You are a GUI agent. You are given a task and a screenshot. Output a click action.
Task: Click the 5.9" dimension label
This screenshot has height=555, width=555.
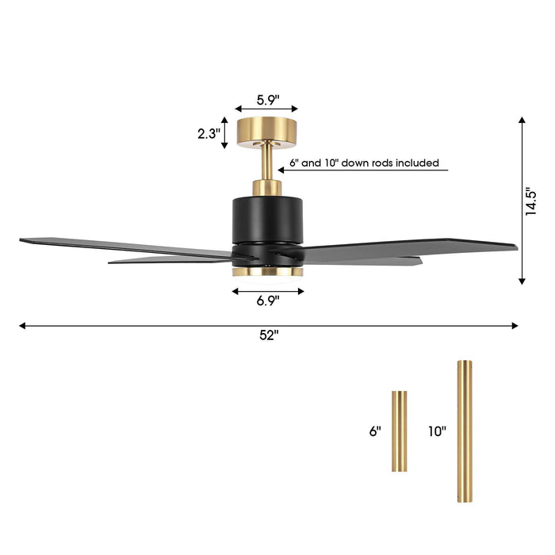(267, 100)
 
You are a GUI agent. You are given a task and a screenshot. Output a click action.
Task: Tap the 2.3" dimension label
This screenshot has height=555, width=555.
(209, 134)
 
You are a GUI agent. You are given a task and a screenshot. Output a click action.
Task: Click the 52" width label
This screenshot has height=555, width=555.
(269, 335)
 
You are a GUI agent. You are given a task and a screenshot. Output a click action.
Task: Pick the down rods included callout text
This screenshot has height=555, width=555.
(364, 163)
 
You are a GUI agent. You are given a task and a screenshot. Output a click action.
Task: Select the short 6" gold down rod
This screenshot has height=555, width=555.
(399, 431)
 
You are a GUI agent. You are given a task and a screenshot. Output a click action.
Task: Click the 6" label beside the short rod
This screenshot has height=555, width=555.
(374, 431)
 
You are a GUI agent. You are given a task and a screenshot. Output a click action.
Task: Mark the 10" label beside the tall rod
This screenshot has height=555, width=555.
(437, 431)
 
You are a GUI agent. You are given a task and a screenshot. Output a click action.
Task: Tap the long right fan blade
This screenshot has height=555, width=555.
(412, 247)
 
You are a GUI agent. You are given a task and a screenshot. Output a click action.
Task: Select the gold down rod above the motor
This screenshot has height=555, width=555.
(267, 163)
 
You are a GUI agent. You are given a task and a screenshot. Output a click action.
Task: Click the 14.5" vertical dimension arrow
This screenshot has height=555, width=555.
(522, 200)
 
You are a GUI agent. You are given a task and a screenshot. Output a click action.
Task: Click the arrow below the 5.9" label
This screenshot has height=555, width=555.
(267, 110)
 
